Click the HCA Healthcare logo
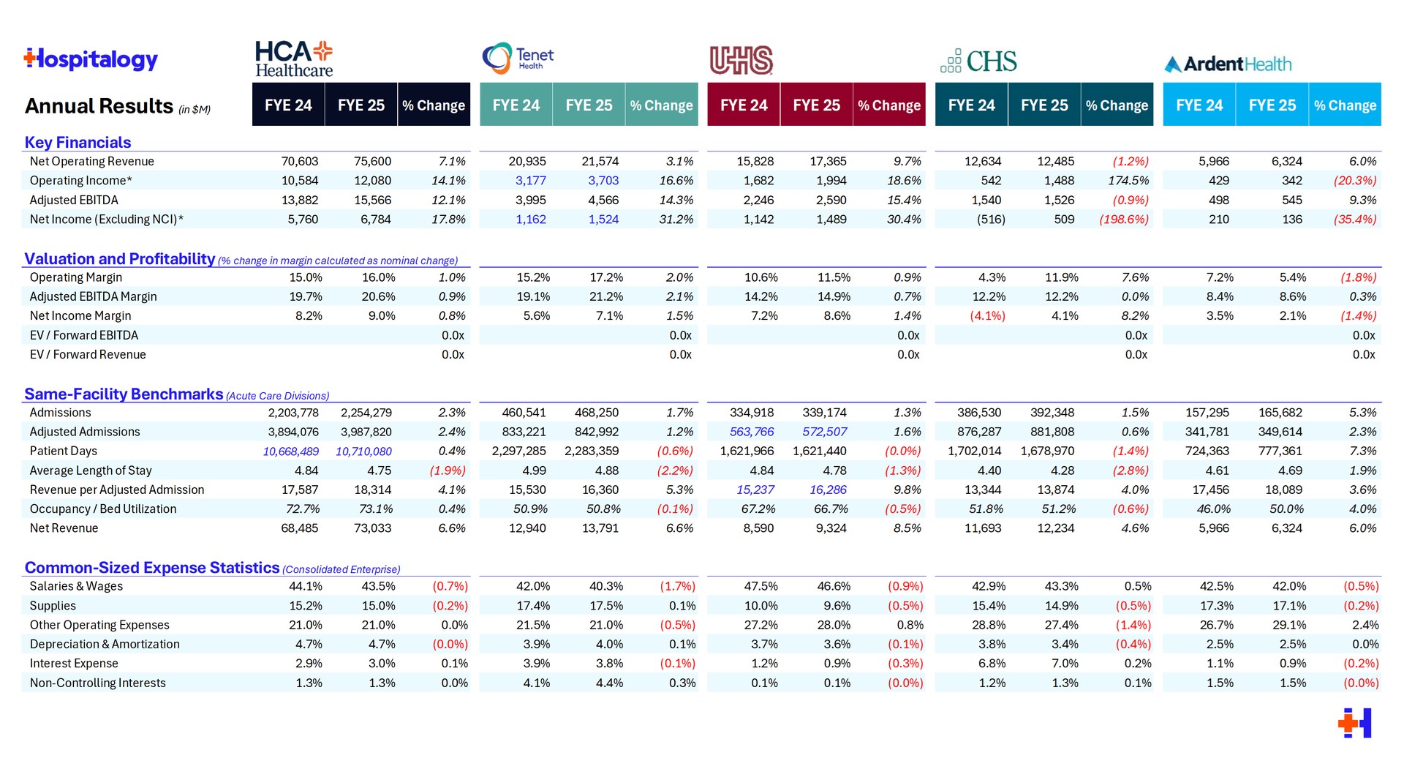coord(293,59)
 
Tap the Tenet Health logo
coord(518,59)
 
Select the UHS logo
coord(741,60)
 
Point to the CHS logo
coord(978,61)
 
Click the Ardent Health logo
coord(1228,64)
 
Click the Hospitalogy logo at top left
coord(91,59)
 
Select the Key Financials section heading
coord(78,143)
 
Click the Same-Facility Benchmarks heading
coord(124,394)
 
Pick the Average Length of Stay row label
coord(91,471)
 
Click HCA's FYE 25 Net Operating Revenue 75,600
coord(372,162)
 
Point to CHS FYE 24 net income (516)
coord(991,220)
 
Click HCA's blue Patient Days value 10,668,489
coord(291,451)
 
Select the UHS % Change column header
coord(889,105)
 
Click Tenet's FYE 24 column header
coord(516,105)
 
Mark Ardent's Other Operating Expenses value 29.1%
coord(1288,625)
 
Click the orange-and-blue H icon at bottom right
coord(1355,723)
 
